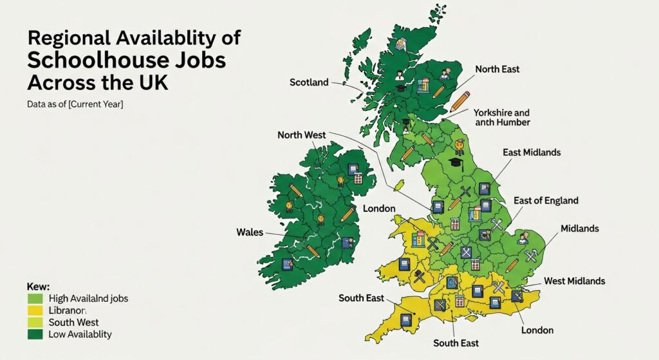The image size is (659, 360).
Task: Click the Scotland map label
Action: (x=309, y=82)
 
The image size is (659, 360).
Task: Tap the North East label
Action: (x=497, y=69)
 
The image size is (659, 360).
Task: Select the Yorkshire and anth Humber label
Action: (x=502, y=117)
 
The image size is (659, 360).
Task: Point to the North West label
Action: (x=301, y=135)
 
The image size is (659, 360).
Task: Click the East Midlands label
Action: (x=532, y=153)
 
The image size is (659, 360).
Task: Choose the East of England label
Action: (x=546, y=201)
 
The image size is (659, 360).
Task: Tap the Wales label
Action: (x=250, y=232)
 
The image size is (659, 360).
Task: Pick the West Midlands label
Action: (x=574, y=281)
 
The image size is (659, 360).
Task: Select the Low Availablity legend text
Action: (x=80, y=334)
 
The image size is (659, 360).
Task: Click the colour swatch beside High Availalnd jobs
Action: (x=35, y=299)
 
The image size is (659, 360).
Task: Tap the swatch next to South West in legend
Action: (x=35, y=323)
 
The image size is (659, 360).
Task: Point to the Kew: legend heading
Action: (x=38, y=286)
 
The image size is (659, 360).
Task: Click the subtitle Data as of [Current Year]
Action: (x=75, y=104)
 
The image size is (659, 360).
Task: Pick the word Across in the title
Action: (x=59, y=83)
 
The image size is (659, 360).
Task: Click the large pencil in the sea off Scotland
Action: (x=460, y=101)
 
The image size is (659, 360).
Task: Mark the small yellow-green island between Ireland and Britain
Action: (x=398, y=185)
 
